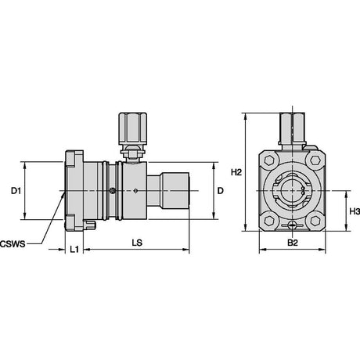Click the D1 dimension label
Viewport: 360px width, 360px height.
coord(16,191)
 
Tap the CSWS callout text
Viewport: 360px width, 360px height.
coord(13,244)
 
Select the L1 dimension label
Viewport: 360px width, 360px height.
coord(74,250)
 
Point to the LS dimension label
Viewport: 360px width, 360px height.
coord(137,243)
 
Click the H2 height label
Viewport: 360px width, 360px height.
coord(236,172)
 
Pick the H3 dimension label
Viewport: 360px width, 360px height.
coord(355,211)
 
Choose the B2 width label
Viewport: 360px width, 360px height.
coord(293,243)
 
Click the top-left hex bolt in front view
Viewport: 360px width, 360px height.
coord(268,160)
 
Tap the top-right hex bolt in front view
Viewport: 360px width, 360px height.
coord(315,160)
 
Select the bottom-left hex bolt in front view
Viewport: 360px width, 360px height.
coord(268,221)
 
